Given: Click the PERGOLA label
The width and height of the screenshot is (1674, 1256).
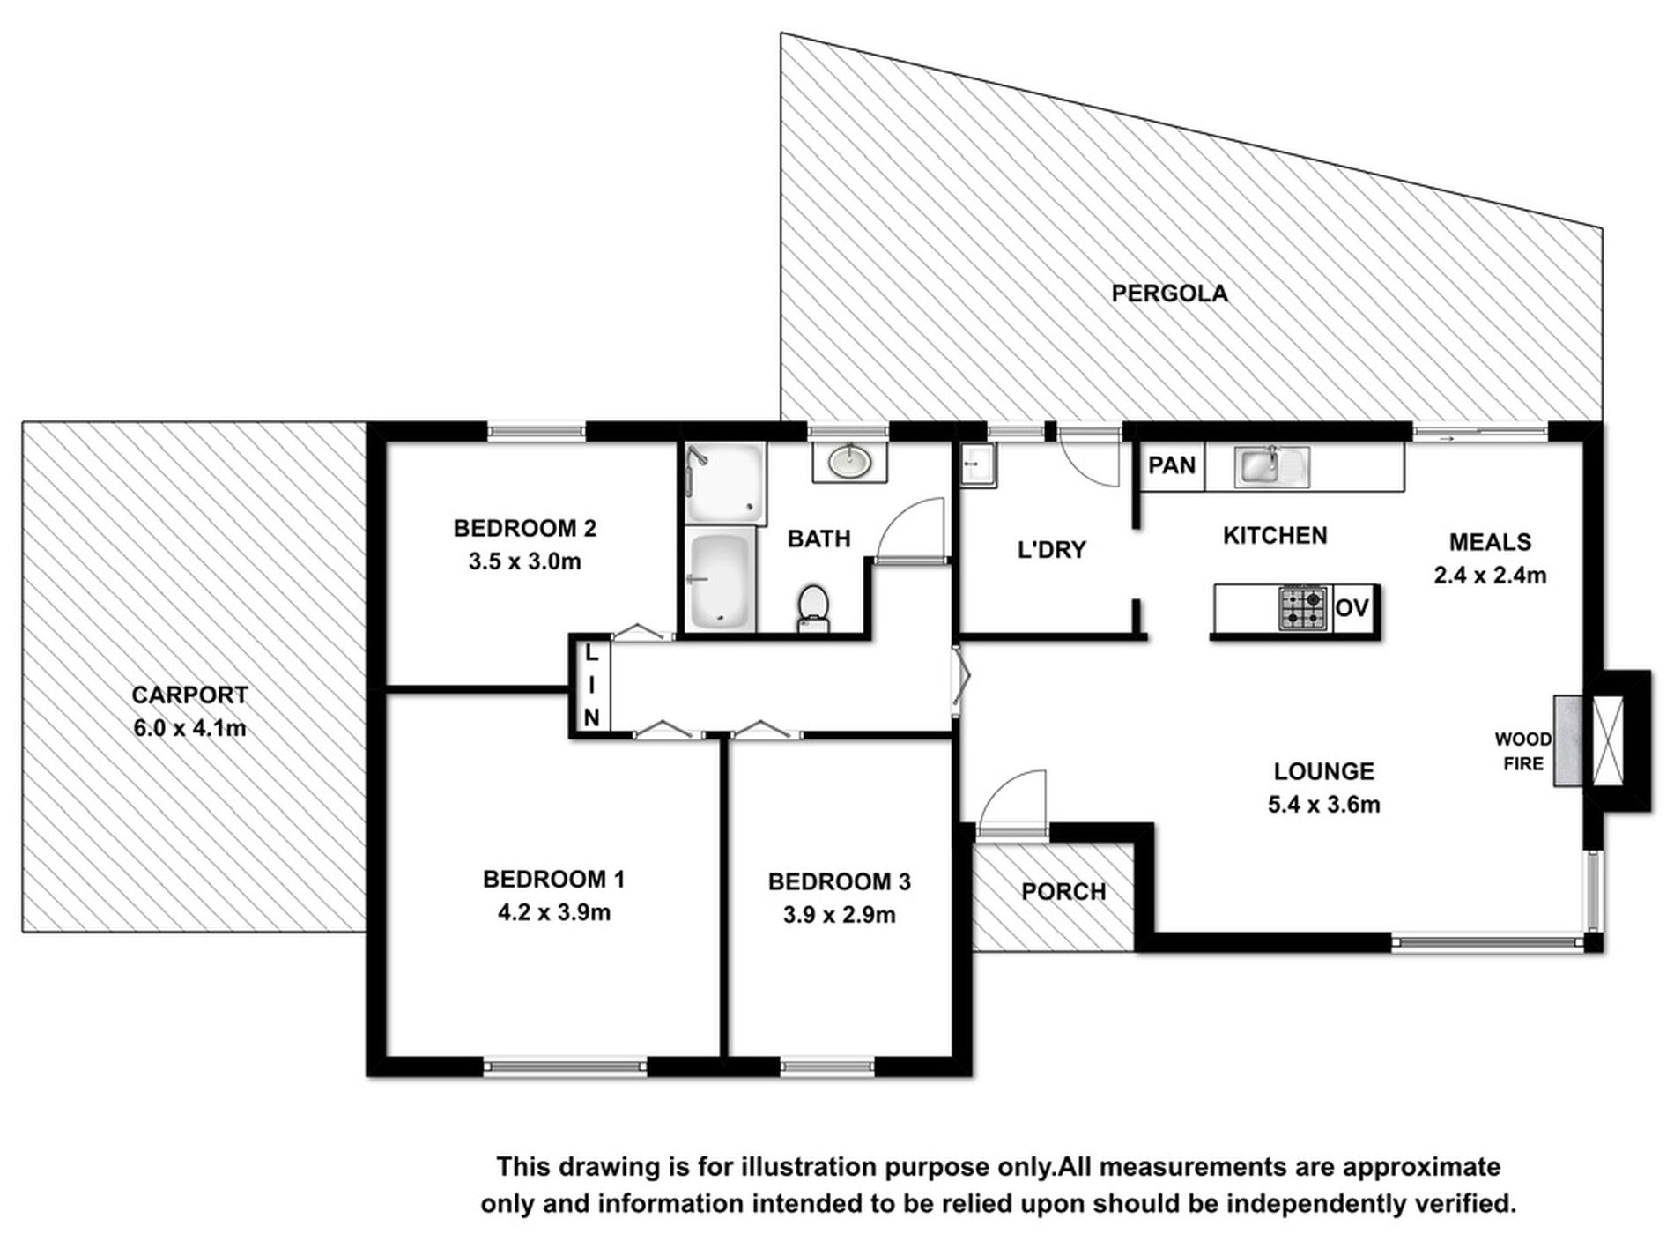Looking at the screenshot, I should click(x=1169, y=294).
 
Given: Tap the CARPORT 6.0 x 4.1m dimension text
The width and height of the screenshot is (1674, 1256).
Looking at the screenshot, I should click(x=189, y=729).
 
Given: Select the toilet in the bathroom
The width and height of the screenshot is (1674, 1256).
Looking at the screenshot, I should click(x=813, y=607).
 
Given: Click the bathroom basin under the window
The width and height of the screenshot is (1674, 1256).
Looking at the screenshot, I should click(x=849, y=461).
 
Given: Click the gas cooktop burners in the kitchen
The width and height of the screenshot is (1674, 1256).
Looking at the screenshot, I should click(x=1303, y=608).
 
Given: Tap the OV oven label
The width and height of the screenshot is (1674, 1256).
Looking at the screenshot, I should click(x=1352, y=608).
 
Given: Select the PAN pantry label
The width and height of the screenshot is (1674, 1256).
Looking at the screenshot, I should click(x=1172, y=464).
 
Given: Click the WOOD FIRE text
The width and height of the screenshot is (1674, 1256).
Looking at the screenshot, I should click(x=1523, y=751).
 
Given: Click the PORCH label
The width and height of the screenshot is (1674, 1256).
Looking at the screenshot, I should click(x=1063, y=892).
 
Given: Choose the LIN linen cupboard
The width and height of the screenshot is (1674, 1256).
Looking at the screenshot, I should click(x=591, y=686).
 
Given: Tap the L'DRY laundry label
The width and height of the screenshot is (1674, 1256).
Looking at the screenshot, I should click(x=1051, y=550).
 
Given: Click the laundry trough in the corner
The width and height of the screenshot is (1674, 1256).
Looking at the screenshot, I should click(x=977, y=464).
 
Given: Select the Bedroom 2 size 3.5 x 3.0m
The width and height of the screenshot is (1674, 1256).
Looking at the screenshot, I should click(x=524, y=561).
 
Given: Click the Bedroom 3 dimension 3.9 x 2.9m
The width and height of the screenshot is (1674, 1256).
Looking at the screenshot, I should click(x=839, y=915).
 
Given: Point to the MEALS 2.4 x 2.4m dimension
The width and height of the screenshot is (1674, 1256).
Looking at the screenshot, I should click(x=1490, y=576).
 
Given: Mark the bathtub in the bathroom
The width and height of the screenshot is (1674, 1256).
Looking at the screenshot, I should click(x=721, y=581).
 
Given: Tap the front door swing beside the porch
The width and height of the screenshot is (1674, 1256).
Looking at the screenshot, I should click(x=1013, y=802).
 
